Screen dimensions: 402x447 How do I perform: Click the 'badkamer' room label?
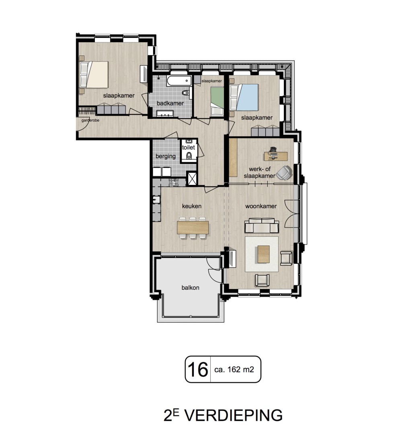click(x=170, y=103)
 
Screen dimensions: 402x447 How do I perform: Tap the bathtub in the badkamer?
click(x=179, y=80)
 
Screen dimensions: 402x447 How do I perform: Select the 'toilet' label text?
click(x=189, y=148)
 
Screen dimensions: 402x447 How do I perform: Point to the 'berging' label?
click(x=165, y=156)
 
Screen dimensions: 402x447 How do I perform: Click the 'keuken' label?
click(x=192, y=206)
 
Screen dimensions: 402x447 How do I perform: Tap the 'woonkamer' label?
click(x=261, y=206)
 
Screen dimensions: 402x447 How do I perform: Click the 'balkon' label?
click(x=190, y=288)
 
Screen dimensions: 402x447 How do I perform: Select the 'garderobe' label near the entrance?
click(x=90, y=120)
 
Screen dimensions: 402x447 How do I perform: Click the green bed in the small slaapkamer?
click(x=217, y=101)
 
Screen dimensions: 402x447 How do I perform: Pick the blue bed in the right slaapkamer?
click(x=245, y=97)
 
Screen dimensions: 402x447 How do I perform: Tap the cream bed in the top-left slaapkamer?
click(x=94, y=74)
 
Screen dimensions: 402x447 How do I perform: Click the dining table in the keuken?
click(x=193, y=228)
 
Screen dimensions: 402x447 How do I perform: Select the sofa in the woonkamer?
click(x=261, y=225)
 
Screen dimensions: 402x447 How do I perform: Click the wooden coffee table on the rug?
click(x=264, y=254)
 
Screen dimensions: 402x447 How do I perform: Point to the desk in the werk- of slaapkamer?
click(x=276, y=156)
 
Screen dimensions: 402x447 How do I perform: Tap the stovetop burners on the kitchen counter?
click(x=173, y=182)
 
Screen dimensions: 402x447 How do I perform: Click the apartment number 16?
click(x=198, y=369)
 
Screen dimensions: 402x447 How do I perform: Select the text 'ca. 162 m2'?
click(x=234, y=369)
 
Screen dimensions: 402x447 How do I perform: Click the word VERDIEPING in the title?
click(x=234, y=415)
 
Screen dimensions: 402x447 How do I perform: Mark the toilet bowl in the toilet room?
click(x=189, y=156)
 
